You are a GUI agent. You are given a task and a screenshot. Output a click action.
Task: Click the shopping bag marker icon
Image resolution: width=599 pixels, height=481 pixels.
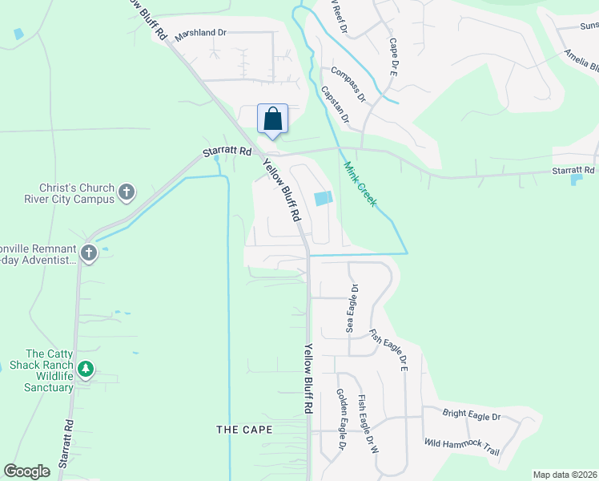272,119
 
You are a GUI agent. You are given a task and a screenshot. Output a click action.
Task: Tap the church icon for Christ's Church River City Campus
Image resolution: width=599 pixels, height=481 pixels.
126,192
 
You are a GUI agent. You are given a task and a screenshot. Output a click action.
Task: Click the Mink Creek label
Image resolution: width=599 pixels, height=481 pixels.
360,185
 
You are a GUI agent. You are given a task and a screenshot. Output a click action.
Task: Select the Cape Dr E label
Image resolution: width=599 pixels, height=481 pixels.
393,56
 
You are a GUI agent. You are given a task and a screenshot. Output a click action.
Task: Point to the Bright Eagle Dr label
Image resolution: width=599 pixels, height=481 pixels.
472,416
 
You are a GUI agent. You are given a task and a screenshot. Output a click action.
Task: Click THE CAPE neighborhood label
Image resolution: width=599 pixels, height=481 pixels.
244,430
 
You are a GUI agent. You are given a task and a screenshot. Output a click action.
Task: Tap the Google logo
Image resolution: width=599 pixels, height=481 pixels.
27,471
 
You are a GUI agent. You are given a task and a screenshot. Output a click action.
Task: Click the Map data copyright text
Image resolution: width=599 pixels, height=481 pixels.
564,475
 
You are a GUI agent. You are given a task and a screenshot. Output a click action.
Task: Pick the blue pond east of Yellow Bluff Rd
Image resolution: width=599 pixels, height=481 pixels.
323,199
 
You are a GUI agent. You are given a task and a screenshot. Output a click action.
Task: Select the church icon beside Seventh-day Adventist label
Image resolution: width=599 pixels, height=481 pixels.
88,254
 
